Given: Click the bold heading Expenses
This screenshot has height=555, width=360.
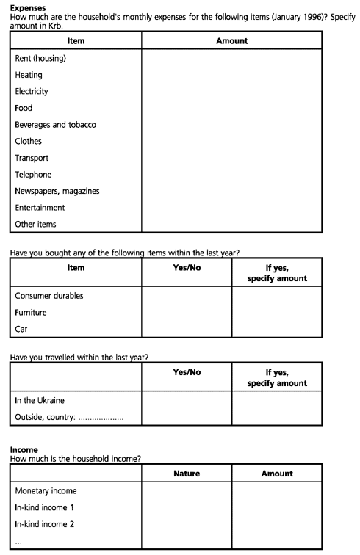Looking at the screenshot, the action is click(28, 8).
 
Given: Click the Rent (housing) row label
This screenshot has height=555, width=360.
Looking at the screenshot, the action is click(40, 59).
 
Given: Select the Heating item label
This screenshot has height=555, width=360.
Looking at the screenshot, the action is click(29, 75).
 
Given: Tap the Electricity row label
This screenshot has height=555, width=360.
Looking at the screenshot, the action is click(32, 91).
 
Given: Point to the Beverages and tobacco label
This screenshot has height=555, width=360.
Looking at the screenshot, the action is click(55, 125).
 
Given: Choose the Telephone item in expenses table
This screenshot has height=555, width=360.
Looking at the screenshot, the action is click(33, 175).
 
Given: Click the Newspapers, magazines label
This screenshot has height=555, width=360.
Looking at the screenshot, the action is click(57, 191).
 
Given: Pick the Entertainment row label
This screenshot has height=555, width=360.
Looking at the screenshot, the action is click(40, 208).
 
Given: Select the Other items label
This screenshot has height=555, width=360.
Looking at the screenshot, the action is click(35, 225).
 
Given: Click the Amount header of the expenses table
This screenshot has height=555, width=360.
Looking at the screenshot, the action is click(232, 41).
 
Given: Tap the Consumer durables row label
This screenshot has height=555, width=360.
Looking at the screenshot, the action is click(49, 296).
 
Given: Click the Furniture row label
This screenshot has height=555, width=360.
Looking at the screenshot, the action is click(31, 313).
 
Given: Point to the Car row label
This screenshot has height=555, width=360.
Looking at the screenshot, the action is click(21, 329).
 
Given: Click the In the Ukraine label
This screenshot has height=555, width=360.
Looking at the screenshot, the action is click(40, 400).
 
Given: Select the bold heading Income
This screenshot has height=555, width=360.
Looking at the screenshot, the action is click(24, 450).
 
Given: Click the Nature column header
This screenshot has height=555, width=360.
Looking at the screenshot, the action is click(187, 474).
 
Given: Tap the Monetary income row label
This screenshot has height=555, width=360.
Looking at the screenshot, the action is click(46, 491).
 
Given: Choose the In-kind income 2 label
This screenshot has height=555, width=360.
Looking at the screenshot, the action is click(44, 524).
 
